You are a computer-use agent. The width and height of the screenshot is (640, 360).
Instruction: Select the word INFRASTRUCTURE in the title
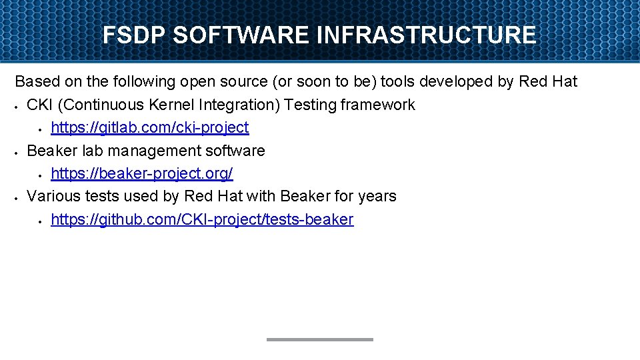pyautogui.click(x=427, y=35)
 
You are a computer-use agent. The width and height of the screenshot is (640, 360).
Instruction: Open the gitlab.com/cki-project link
pyautogui.click(x=149, y=127)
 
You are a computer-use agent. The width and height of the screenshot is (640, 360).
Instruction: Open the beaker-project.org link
pyautogui.click(x=141, y=173)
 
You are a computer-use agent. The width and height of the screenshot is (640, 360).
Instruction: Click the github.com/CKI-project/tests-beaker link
pyautogui.click(x=201, y=219)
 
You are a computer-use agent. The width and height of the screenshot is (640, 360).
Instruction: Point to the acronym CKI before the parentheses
pyautogui.click(x=39, y=105)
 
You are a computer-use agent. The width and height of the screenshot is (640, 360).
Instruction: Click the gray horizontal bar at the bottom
pyautogui.click(x=320, y=339)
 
